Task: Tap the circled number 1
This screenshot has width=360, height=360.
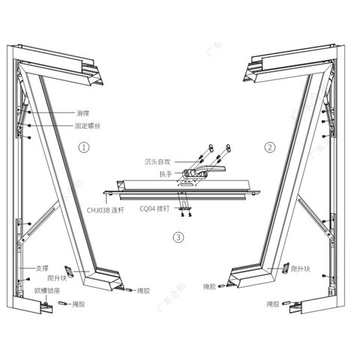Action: click(x=84, y=148)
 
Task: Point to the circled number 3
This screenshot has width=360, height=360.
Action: click(x=178, y=238)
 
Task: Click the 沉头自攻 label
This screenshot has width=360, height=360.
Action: click(x=159, y=160)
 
